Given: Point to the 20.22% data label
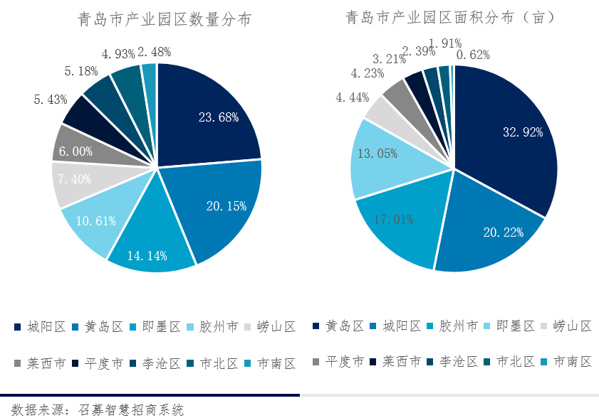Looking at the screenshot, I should click(x=503, y=232).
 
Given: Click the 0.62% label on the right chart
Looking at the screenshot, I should click(x=473, y=55).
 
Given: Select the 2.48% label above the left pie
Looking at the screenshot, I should click(x=154, y=52).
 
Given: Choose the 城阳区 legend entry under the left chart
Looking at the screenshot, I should click(x=38, y=327).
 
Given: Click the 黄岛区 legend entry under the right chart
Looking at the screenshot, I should click(x=336, y=326).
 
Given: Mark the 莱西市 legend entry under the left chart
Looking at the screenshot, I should click(x=38, y=363).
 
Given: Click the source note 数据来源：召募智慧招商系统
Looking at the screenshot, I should click(x=93, y=409).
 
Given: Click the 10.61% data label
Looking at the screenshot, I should click(x=95, y=220).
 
